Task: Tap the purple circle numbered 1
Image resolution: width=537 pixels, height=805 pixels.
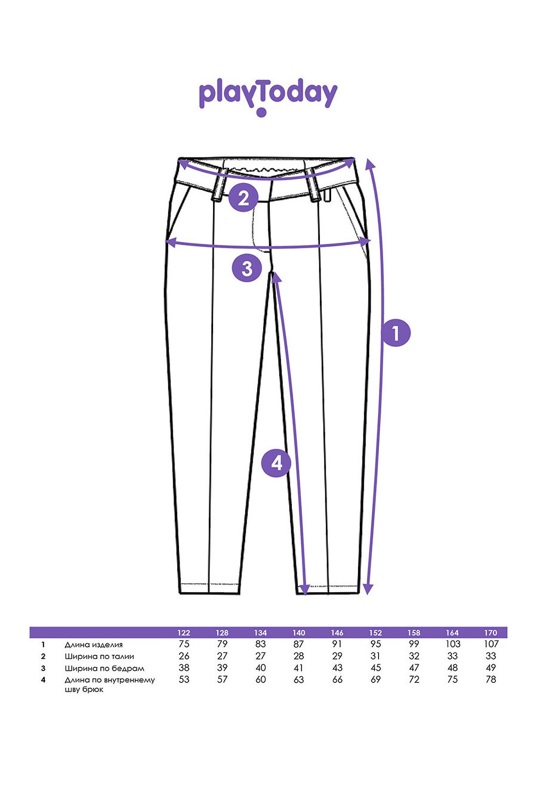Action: [396, 333]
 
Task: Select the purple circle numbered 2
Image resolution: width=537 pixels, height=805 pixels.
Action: [243, 197]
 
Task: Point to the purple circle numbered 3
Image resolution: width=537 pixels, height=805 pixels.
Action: [247, 268]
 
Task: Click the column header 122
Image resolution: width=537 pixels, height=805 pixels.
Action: [183, 633]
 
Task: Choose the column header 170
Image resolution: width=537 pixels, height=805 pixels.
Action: [490, 633]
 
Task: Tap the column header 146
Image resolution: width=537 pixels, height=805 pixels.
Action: [337, 633]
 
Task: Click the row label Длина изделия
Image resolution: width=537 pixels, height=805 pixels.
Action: [94, 645]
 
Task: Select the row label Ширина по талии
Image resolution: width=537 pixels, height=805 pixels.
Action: [99, 657]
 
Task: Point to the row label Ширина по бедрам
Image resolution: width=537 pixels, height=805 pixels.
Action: [104, 669]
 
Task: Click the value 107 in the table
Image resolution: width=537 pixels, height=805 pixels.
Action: [491, 644]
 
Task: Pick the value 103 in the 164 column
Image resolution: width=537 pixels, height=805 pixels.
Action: [452, 644]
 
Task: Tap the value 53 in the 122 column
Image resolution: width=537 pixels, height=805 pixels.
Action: [184, 679]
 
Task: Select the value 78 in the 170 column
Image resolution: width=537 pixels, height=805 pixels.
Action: [491, 679]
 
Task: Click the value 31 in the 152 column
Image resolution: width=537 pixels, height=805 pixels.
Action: [375, 656]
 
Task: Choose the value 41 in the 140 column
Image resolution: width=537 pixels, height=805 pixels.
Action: [298, 668]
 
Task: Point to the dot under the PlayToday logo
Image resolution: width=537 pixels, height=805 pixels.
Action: [261, 112]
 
